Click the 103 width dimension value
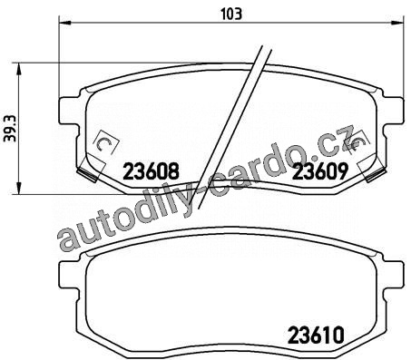(x=231, y=14)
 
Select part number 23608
(x=152, y=171)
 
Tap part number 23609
(x=319, y=171)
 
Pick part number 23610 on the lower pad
(x=317, y=335)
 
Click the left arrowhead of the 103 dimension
(x=64, y=23)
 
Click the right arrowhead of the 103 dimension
(x=397, y=23)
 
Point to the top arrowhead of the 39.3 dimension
(x=19, y=69)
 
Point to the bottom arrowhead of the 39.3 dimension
(x=19, y=189)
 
